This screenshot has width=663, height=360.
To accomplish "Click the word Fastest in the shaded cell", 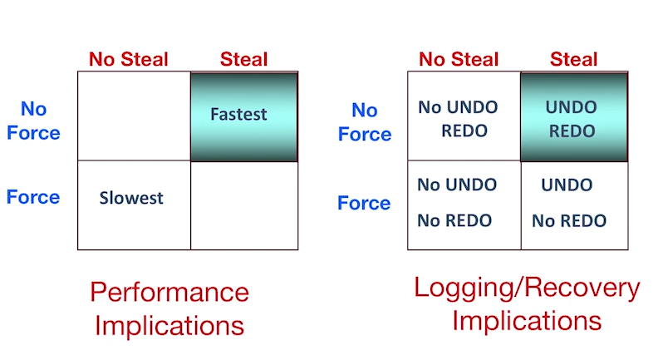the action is pyautogui.click(x=238, y=114).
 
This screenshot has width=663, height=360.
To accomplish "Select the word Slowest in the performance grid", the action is pyautogui.click(x=131, y=198).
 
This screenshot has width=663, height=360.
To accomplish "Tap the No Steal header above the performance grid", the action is pyautogui.click(x=129, y=59).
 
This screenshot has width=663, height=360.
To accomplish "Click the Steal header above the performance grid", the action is pyautogui.click(x=244, y=59).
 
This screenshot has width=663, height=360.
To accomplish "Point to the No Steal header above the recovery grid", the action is pyautogui.click(x=459, y=59).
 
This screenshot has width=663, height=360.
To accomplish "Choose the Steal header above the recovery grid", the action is pyautogui.click(x=574, y=59).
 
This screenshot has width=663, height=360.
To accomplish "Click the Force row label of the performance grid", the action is pyautogui.click(x=33, y=197).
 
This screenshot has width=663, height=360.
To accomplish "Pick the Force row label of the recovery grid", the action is pyautogui.click(x=364, y=203).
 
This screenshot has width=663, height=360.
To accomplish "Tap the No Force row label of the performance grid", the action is pyautogui.click(x=33, y=121).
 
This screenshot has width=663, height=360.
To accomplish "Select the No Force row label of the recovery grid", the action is pyautogui.click(x=365, y=122).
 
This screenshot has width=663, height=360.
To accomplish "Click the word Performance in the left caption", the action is pyautogui.click(x=169, y=293).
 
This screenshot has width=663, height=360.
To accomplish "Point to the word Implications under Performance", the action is pyautogui.click(x=169, y=326).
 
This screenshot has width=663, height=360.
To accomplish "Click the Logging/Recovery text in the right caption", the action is pyautogui.click(x=528, y=288).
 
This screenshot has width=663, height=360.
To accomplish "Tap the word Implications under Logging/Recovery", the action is pyautogui.click(x=527, y=321).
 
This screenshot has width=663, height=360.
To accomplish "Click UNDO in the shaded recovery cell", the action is pyautogui.click(x=572, y=107).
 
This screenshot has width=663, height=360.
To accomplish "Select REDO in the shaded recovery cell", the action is pyautogui.click(x=572, y=131).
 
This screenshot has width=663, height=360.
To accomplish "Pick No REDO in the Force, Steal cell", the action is pyautogui.click(x=569, y=221).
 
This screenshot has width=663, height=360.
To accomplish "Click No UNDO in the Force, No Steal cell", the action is pyautogui.click(x=457, y=185).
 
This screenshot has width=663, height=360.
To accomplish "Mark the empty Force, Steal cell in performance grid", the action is pyautogui.click(x=244, y=205).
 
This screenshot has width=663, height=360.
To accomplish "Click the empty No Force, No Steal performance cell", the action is pyautogui.click(x=134, y=116).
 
